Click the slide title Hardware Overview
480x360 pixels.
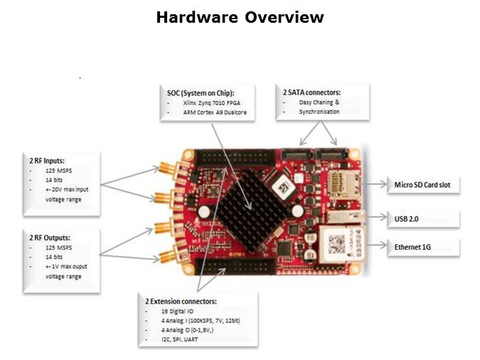pos(240,16)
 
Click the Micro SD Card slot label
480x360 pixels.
pos(422,185)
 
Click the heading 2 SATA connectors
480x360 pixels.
pos(312,92)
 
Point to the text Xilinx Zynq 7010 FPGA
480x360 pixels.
pos(209,103)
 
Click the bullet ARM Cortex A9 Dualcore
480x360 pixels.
pos(210,112)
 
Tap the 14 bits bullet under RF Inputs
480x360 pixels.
pos(48,181)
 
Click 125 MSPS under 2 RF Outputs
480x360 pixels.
pos(51,246)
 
